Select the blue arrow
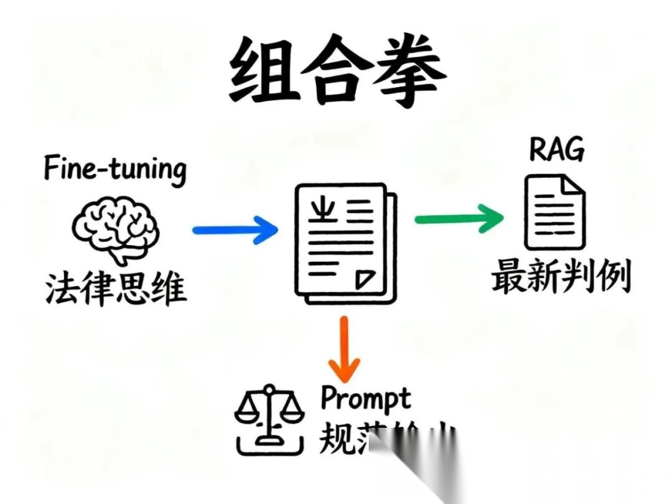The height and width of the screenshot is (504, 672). click(x=235, y=230)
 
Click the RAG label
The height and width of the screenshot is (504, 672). click(x=556, y=149)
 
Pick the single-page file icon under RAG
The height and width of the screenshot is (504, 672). click(x=554, y=212)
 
